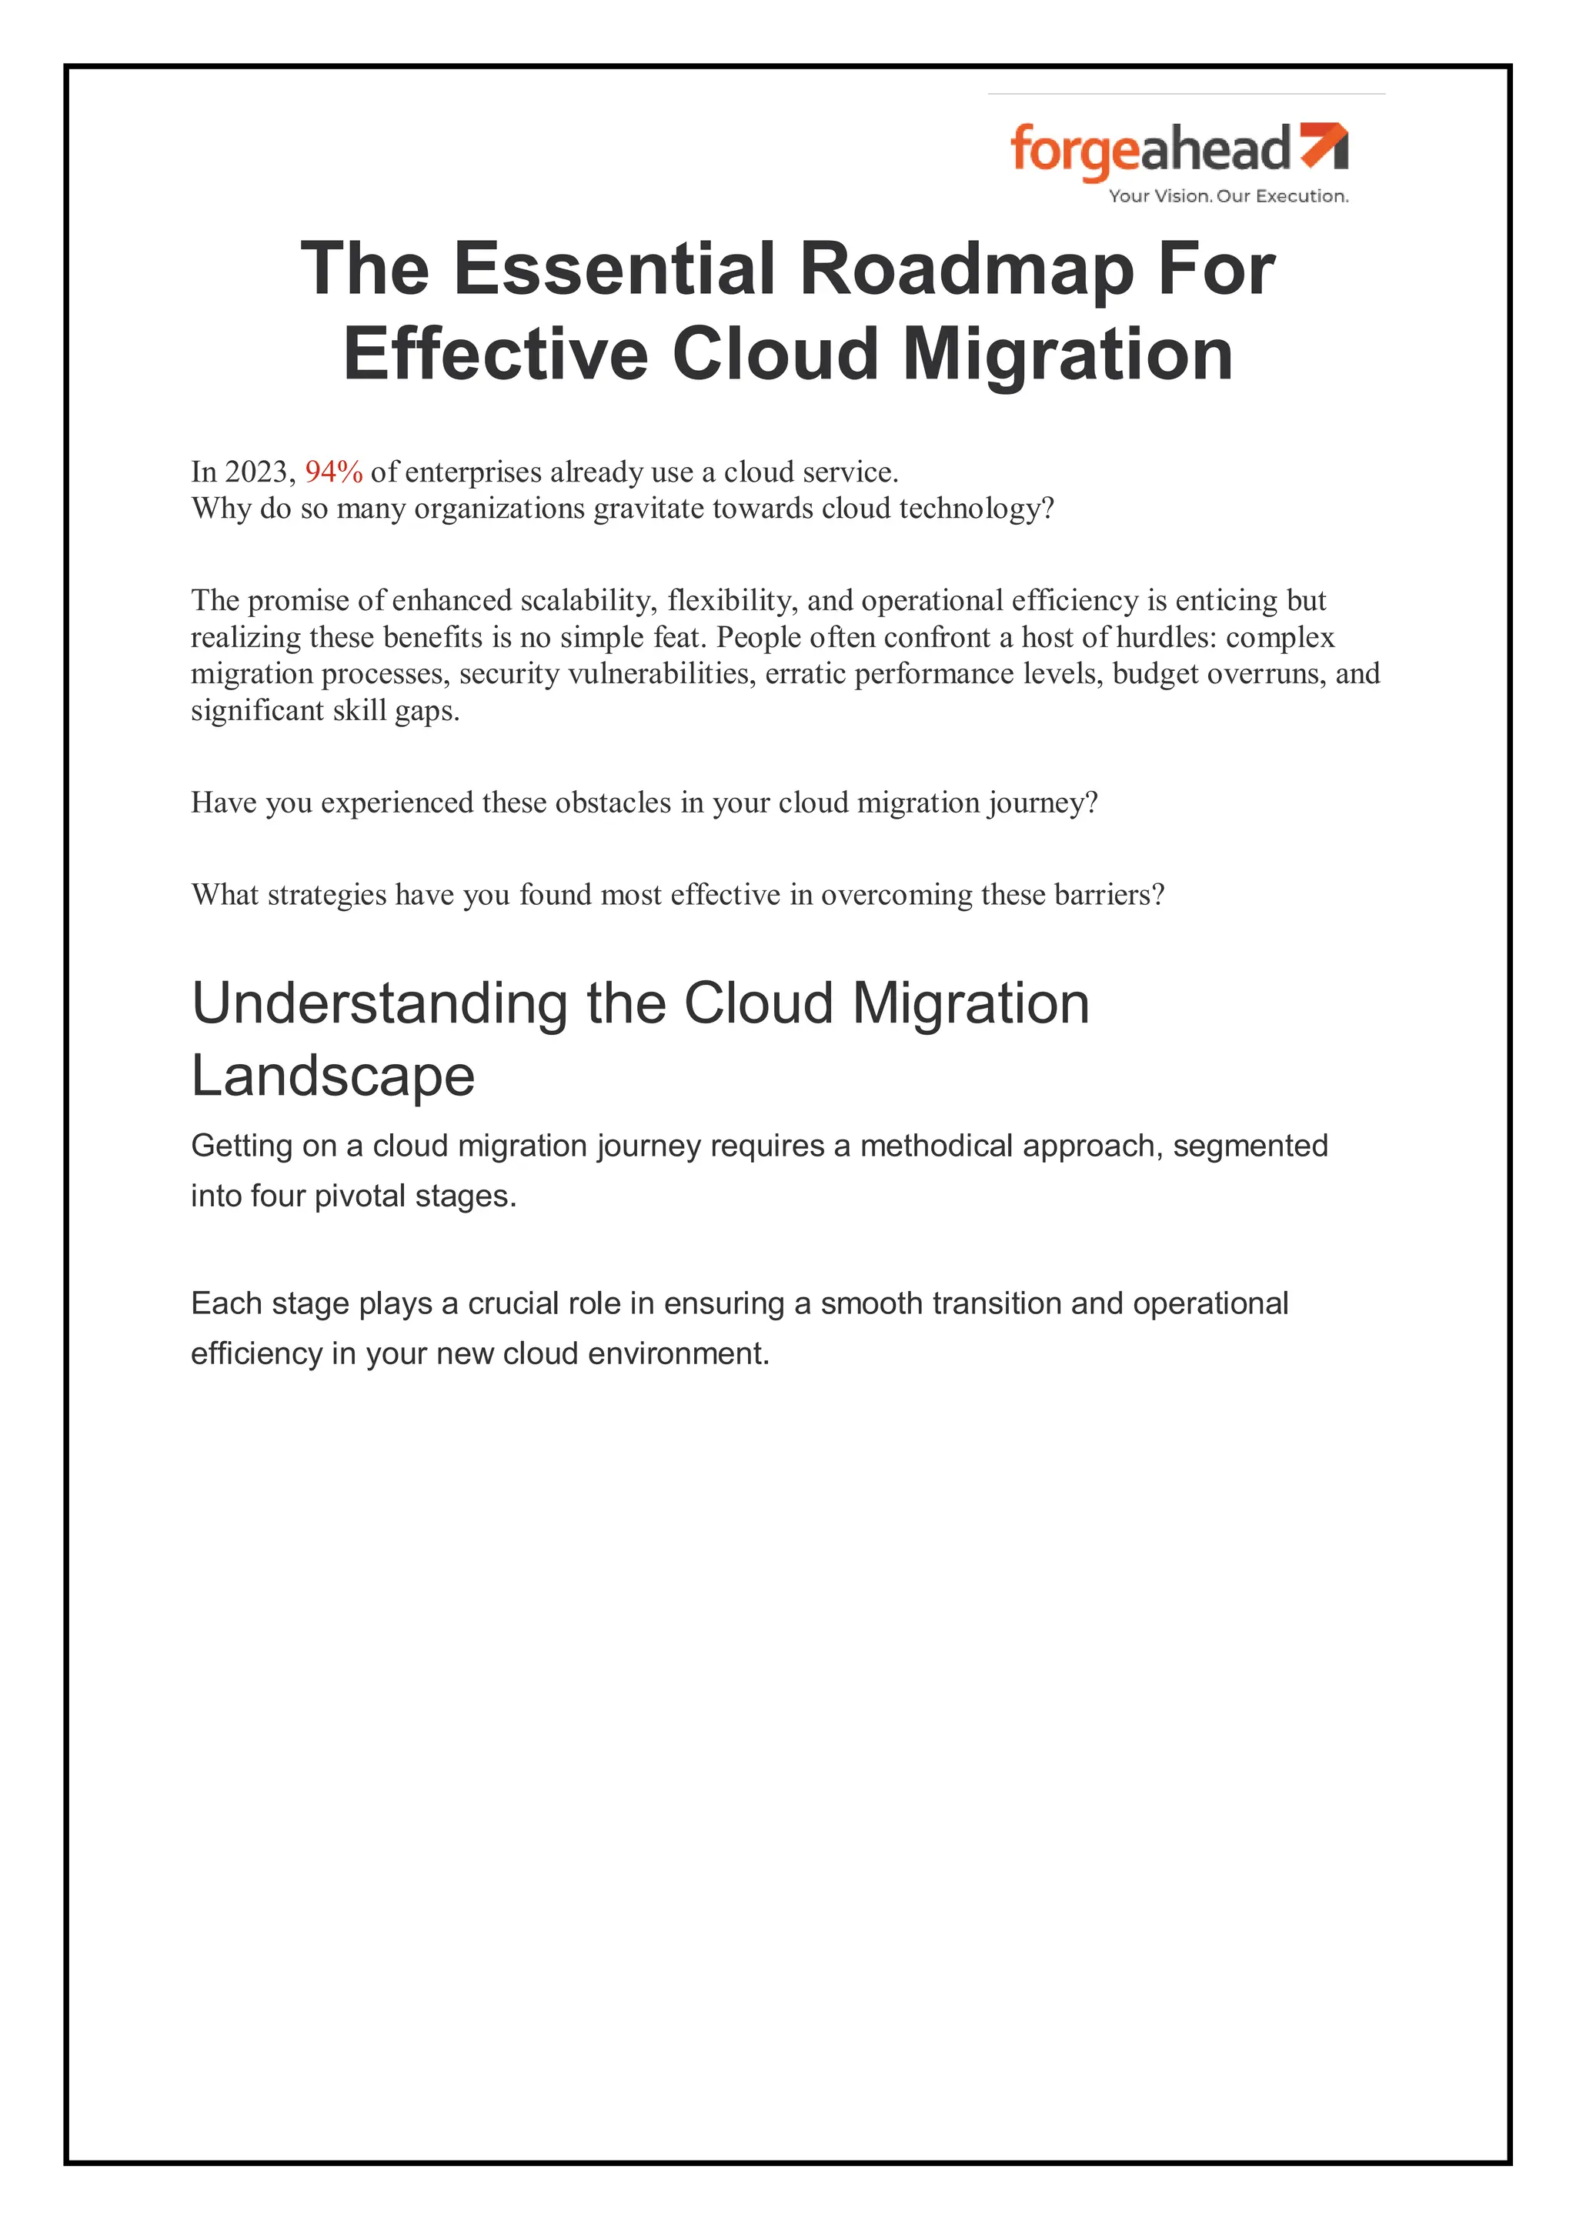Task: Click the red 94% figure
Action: tap(333, 472)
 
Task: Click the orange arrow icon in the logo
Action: tap(1324, 145)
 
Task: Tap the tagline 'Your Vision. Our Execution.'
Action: tap(1228, 196)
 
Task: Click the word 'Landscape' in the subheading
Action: tap(332, 1076)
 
